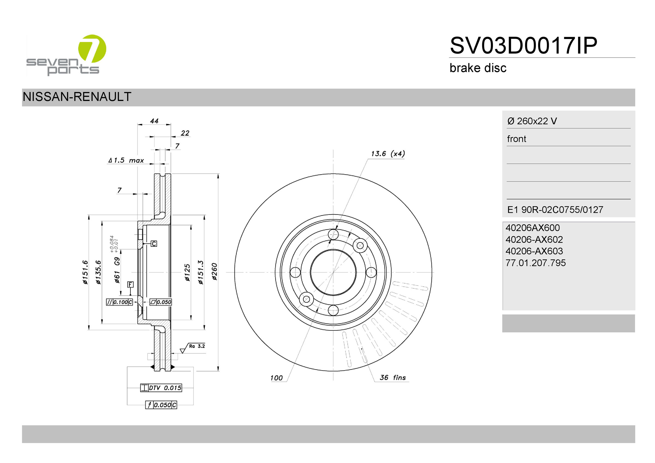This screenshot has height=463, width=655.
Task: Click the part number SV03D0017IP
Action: [x=523, y=45]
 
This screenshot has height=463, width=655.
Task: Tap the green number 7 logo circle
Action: [x=92, y=49]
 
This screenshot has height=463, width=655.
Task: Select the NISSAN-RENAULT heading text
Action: [x=77, y=97]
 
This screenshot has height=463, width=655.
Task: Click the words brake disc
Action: [x=478, y=68]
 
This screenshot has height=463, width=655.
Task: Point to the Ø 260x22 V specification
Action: [x=532, y=121]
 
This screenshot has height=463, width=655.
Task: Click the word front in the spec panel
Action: [x=516, y=139]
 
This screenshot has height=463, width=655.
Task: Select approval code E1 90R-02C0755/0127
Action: [x=555, y=210]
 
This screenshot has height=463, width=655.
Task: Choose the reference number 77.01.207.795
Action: [x=535, y=263]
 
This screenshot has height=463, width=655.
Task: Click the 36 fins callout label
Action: [x=392, y=377]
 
